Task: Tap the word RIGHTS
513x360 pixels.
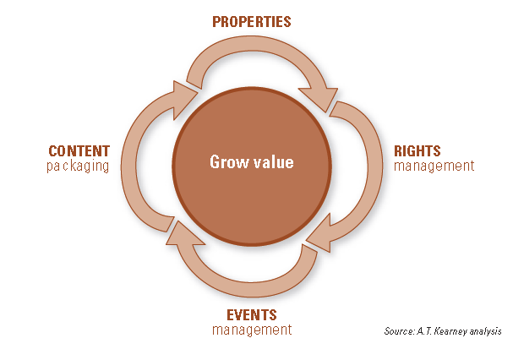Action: click(417, 151)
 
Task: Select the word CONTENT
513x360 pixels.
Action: click(79, 151)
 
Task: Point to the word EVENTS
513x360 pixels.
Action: click(252, 315)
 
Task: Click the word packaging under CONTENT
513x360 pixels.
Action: click(79, 166)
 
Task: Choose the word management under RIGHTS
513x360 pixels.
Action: click(434, 166)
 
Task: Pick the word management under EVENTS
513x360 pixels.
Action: click(252, 330)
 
